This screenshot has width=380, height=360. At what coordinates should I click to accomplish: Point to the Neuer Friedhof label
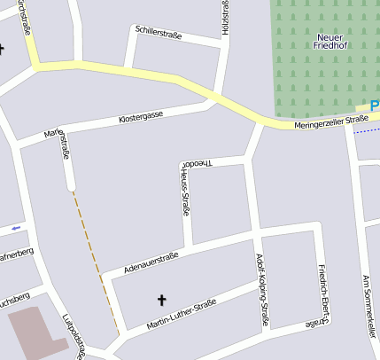coord(333,42)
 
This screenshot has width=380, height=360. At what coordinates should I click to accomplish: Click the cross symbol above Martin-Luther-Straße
coord(161,300)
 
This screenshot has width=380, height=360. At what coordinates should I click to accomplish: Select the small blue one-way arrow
coord(14,230)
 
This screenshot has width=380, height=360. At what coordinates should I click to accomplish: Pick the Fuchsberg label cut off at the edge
coord(14,296)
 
